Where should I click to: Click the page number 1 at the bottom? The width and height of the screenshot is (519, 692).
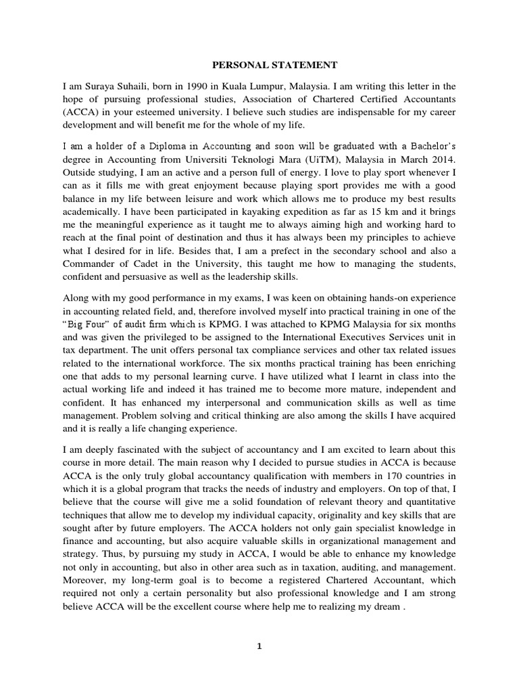tap(259, 646)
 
